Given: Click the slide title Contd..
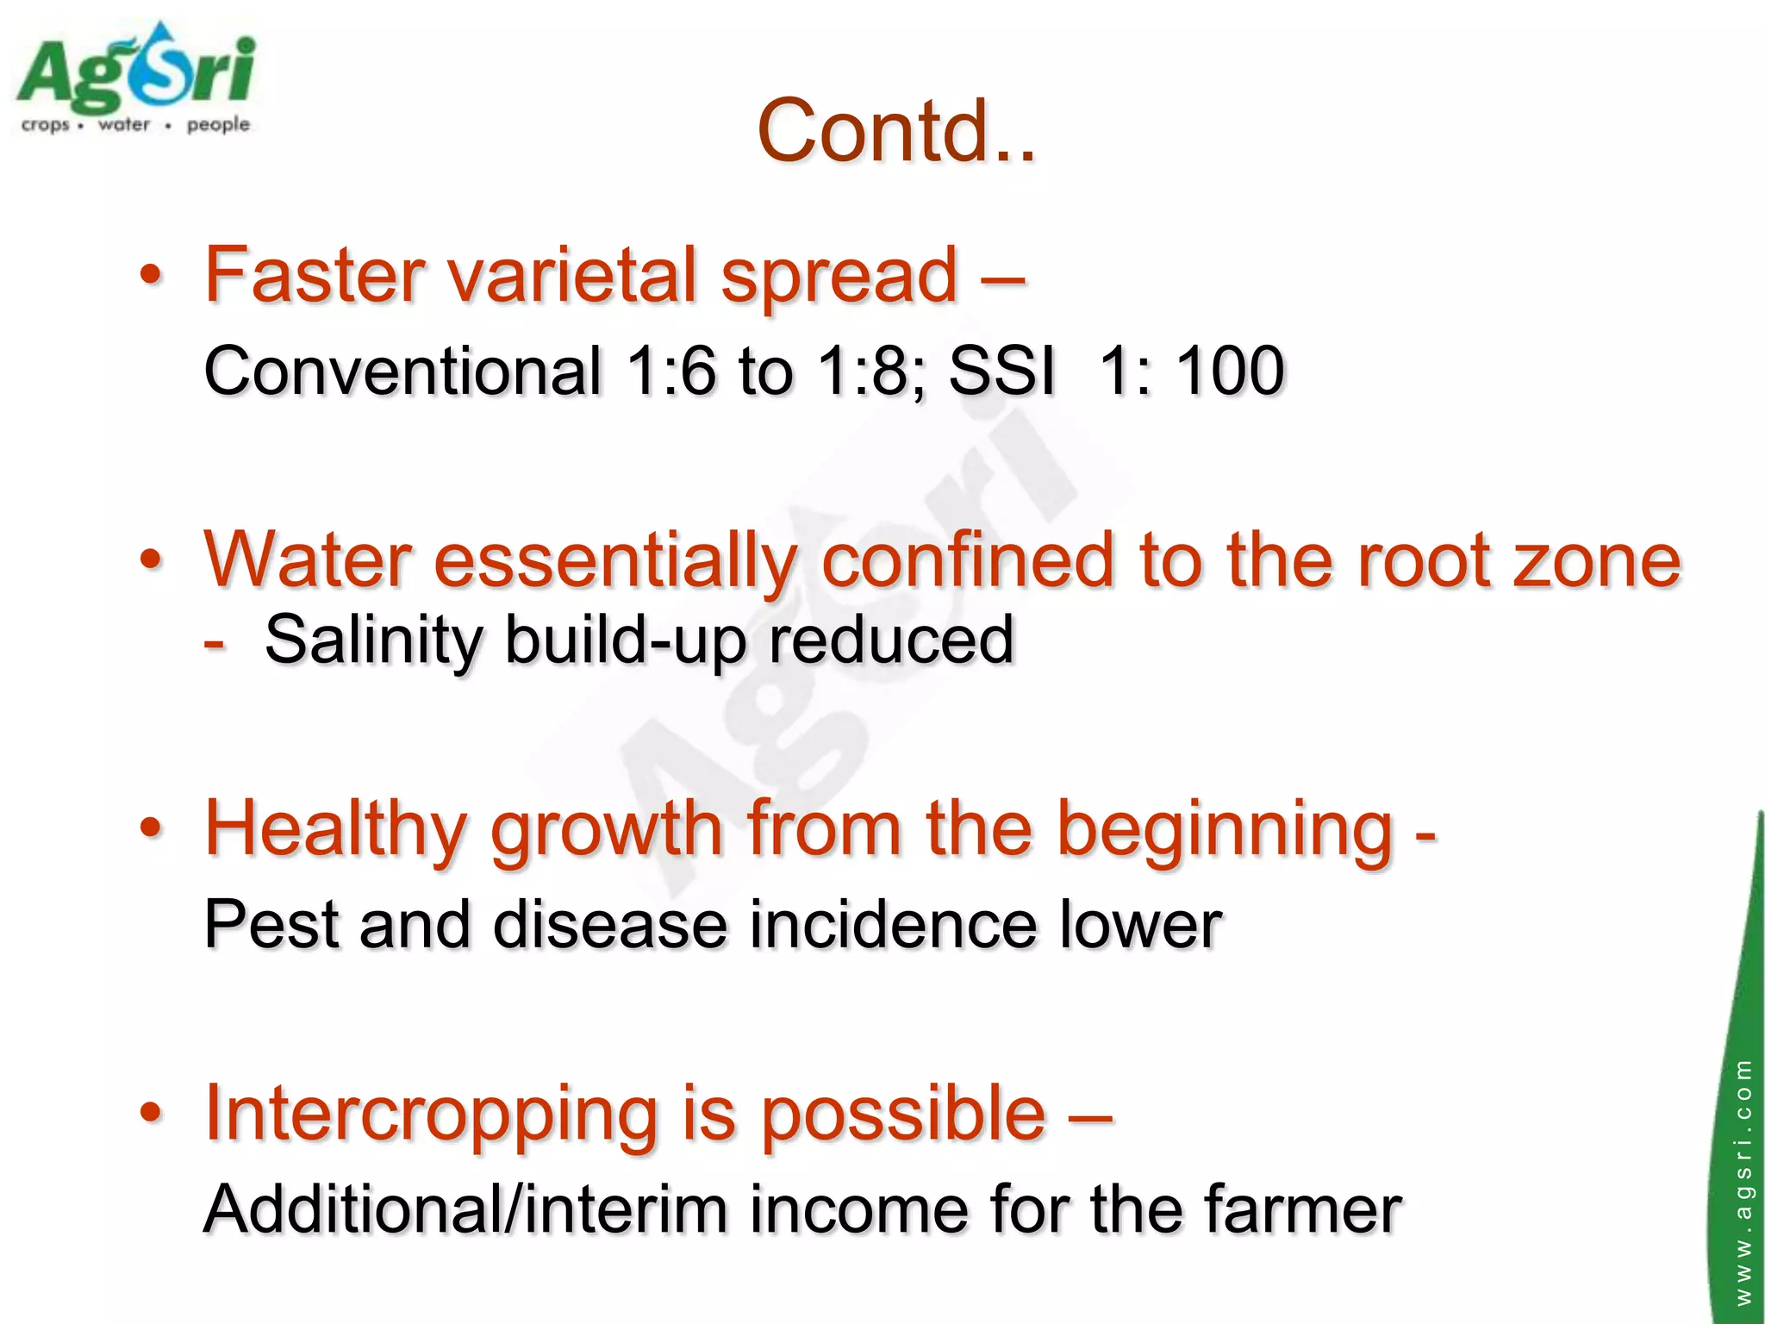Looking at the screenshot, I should coord(896,131).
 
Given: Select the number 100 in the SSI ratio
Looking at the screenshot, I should coord(1230,372).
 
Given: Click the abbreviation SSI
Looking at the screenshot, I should coord(1001,372).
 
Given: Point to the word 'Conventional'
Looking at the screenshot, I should coord(402,372).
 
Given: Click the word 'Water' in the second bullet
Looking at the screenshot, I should coord(307,561).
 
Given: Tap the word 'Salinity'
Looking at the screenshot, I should coord(374,640).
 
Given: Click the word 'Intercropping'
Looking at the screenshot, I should coord(431,1115).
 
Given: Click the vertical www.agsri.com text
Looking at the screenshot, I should coord(1743,1181).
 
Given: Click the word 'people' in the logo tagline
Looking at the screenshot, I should coord(218,125).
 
